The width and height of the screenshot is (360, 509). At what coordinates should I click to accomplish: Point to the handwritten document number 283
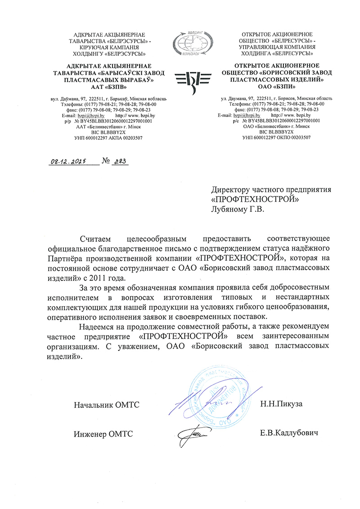point(119,162)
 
